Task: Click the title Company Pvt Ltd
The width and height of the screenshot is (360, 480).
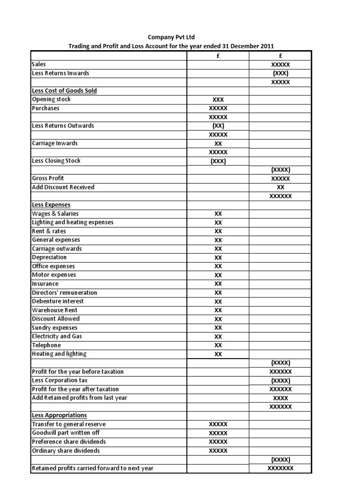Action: click(171, 37)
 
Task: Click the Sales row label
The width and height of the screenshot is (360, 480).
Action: click(39, 64)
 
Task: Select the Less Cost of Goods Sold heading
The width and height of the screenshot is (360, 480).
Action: click(64, 90)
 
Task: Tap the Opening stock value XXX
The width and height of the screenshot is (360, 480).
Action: click(218, 99)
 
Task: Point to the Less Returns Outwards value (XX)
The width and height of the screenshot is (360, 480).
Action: click(218, 126)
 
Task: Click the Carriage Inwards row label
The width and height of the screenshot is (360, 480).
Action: click(54, 143)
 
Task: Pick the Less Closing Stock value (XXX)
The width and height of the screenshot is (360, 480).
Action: click(218, 161)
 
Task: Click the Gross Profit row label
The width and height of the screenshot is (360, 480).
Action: click(48, 178)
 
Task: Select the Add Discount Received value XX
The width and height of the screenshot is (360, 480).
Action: click(281, 187)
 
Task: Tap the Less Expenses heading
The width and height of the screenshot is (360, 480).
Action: click(51, 205)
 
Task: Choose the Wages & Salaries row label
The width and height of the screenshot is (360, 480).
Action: click(55, 214)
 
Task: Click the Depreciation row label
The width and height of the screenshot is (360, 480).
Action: click(49, 257)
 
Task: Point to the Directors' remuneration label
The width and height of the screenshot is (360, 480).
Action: click(64, 292)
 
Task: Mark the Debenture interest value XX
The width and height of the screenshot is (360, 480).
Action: click(218, 301)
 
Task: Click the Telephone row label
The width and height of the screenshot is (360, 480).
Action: click(46, 345)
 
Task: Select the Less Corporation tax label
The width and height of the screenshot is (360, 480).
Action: click(60, 380)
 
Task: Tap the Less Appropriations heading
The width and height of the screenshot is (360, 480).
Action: click(59, 415)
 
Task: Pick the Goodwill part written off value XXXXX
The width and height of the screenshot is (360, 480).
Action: click(218, 433)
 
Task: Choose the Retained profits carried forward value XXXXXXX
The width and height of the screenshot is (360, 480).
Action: click(281, 468)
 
